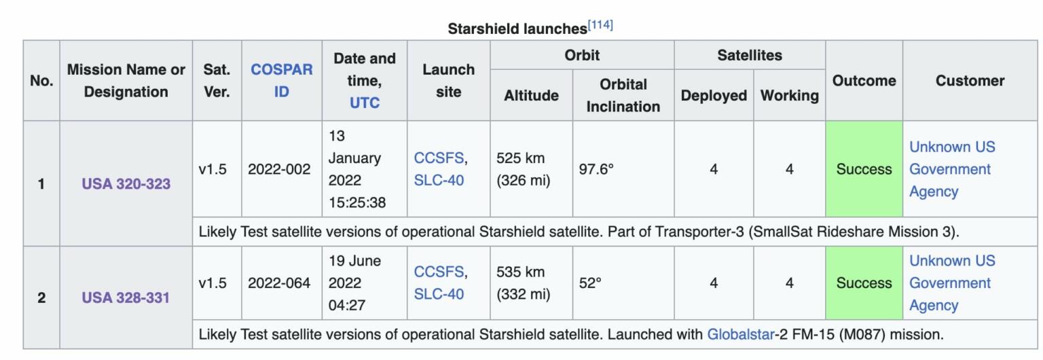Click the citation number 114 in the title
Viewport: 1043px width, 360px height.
[601, 25]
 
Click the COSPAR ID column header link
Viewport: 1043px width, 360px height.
[281, 80]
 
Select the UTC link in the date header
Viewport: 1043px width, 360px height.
[364, 103]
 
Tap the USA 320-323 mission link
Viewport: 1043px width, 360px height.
[126, 184]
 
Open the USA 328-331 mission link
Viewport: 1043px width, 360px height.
[126, 298]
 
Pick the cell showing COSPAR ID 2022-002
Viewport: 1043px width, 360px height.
[279, 169]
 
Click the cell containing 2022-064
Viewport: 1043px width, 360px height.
[279, 283]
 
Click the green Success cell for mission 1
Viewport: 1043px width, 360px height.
[864, 169]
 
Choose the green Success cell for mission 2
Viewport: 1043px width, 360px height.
[864, 283]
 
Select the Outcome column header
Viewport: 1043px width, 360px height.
[864, 80]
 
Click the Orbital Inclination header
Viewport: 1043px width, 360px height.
[623, 95]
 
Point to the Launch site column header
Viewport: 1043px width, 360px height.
[448, 80]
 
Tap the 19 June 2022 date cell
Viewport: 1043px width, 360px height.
[364, 283]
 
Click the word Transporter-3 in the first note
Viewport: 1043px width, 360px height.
[692, 232]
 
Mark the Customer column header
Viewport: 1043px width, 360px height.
[970, 80]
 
